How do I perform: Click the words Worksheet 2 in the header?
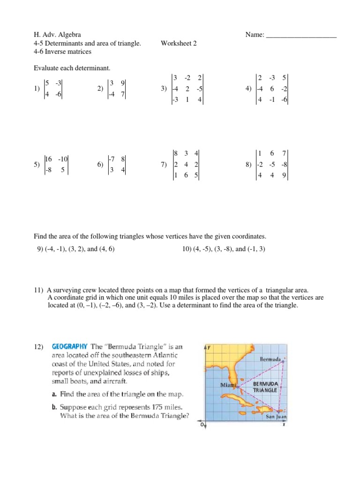point(179,44)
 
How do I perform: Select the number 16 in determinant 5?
point(49,159)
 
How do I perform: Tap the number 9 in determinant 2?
point(122,83)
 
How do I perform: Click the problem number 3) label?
point(164,89)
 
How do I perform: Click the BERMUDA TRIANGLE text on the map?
point(266,387)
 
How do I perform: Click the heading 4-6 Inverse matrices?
point(62,52)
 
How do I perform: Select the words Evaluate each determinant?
point(72,69)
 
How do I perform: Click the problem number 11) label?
point(38,291)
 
